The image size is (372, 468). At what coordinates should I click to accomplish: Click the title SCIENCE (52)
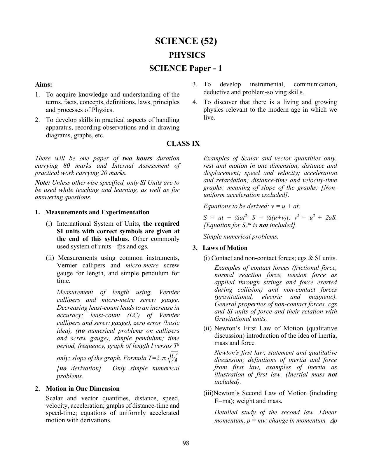[x=186, y=41]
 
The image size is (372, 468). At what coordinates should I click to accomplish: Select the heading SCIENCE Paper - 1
[x=186, y=68]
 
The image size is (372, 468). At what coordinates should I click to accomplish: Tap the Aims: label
[x=43, y=85]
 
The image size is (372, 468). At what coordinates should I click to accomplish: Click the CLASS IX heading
[x=183, y=143]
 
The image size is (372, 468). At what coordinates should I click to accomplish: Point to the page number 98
[x=186, y=443]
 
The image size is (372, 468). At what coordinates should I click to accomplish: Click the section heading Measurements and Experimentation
[x=97, y=212]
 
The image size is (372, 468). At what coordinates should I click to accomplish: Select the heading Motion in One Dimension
[x=83, y=389]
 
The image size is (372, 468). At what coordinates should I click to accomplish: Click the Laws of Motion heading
[x=225, y=248]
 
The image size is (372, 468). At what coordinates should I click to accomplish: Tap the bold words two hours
[x=137, y=158]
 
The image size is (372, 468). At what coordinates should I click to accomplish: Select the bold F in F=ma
[x=216, y=401]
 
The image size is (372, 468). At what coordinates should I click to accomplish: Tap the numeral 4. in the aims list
[x=195, y=102]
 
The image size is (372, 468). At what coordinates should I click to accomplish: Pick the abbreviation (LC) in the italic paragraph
[x=134, y=315]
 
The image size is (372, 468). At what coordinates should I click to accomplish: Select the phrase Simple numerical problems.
[x=241, y=236]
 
